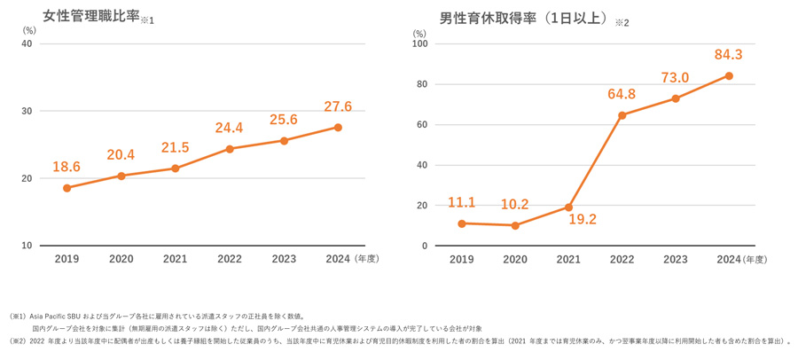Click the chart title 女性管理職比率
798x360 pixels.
coord(91,16)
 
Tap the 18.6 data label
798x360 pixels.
coord(66,167)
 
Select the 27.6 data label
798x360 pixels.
coord(338,106)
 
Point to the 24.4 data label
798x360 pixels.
coord(230,128)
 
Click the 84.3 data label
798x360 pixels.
coord(729,55)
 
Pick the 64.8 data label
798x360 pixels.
coord(621,94)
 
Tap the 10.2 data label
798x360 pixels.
coord(514,205)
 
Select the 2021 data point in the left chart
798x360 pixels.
coord(176,168)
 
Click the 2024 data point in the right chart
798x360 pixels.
coord(729,76)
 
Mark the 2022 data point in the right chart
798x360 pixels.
coord(622,115)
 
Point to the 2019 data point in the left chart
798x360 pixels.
coord(67,188)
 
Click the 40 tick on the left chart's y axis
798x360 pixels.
coord(27,43)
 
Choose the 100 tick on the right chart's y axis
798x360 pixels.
coord(420,43)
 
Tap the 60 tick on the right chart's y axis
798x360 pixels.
coord(423,125)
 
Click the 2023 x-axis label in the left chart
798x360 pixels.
coord(284,260)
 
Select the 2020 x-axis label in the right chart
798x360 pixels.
coord(514,260)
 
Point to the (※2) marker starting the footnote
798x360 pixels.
coord(19,340)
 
